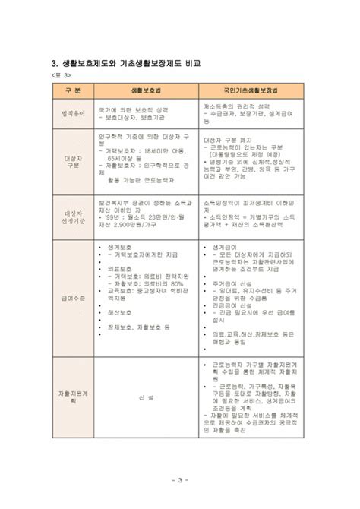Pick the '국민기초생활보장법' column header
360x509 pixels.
251,90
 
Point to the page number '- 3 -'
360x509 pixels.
179,479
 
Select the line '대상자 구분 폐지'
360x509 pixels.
229,141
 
